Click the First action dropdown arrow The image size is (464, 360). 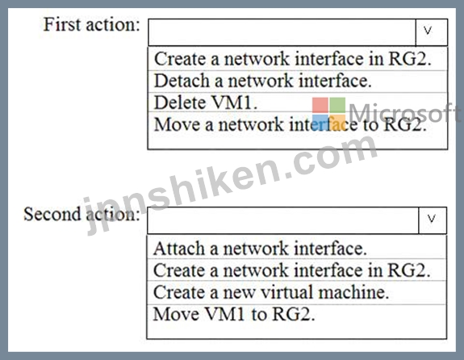(x=432, y=32)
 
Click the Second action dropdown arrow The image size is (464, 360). (x=433, y=220)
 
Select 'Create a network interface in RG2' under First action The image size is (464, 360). (x=293, y=59)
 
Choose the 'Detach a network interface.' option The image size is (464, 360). (x=263, y=81)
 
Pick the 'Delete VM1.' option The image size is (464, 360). (x=206, y=103)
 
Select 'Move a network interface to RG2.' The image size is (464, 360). (x=291, y=124)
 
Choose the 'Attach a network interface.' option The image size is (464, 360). (x=260, y=248)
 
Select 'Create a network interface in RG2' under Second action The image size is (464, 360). (x=292, y=270)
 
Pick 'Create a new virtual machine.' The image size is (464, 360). (x=271, y=292)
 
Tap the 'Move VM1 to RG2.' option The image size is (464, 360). (x=234, y=314)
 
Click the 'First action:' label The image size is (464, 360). (x=92, y=24)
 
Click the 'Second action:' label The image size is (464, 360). (x=82, y=214)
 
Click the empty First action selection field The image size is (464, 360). (x=282, y=32)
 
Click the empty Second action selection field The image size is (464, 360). (x=283, y=220)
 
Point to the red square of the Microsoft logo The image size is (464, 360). (x=320, y=105)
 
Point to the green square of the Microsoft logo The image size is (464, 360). (x=337, y=105)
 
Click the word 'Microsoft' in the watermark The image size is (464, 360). (x=404, y=112)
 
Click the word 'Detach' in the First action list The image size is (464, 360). (x=182, y=81)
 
